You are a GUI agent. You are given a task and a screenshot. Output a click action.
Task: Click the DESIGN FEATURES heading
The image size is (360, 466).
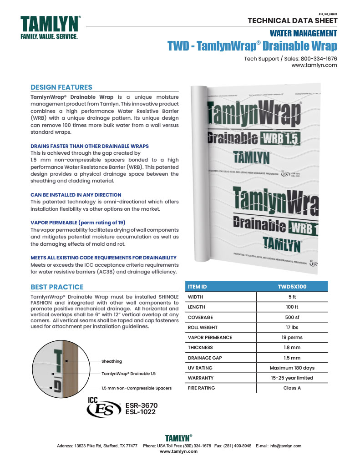point(61,87)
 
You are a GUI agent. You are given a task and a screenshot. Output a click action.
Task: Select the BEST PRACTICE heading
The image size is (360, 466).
point(57,287)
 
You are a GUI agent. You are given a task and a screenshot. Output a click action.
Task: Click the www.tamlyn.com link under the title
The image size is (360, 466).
point(314,65)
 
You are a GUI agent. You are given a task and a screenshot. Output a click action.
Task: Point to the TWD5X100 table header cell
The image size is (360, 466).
point(292,287)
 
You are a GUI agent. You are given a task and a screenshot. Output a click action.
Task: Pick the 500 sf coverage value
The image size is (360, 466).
point(292,317)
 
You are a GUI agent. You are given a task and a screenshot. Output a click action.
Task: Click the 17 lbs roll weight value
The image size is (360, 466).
point(292,327)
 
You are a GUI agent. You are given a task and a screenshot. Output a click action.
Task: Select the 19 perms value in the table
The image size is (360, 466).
point(292,337)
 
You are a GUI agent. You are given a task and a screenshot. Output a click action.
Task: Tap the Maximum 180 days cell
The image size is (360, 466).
point(292,368)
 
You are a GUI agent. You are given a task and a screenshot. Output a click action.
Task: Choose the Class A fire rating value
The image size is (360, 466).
point(292,388)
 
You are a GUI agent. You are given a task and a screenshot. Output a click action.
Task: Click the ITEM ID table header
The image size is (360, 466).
point(198,287)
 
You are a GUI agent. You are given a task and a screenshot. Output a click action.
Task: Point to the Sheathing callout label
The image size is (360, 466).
point(112,361)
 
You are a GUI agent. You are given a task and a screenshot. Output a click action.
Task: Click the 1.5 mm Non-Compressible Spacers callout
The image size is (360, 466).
point(136,388)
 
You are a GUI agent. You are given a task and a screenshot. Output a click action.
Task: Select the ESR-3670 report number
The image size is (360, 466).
point(141,405)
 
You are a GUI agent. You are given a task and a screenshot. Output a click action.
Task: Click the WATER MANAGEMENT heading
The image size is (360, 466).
point(303,33)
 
